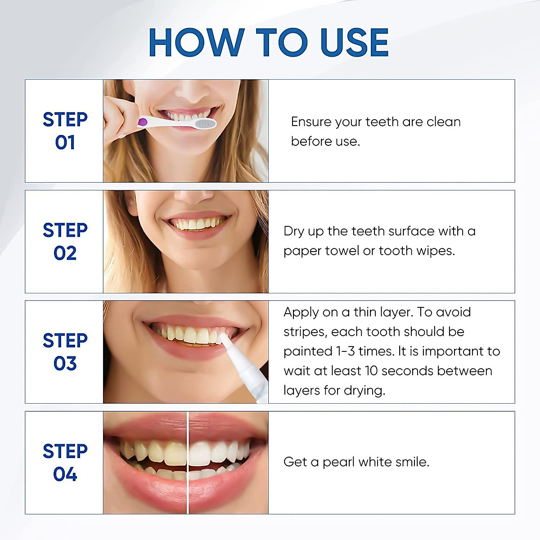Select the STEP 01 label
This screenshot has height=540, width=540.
coord(65,131)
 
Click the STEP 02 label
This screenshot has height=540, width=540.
coord(65,242)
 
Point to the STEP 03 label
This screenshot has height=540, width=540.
coord(65,352)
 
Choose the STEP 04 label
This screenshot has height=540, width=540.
coord(65,463)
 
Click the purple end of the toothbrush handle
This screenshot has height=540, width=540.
coord(143,121)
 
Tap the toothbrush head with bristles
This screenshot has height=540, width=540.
coord(205,124)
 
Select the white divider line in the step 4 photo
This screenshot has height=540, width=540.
coord(187,463)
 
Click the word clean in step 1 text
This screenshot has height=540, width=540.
coord(443,122)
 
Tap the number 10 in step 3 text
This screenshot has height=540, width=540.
coord(371,371)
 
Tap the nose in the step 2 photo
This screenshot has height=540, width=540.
coord(193,196)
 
